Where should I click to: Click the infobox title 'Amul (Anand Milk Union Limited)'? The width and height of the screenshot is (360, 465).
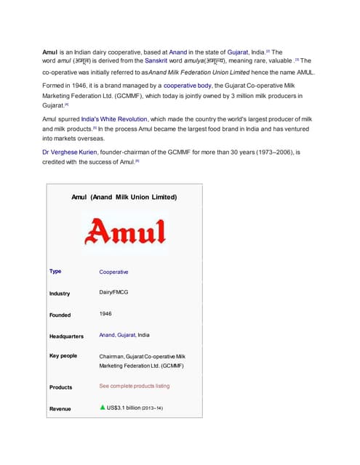124,196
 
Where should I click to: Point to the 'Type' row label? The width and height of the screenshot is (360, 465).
55,271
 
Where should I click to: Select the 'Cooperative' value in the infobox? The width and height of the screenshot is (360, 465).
113,272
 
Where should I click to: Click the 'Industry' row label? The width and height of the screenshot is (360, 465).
60,294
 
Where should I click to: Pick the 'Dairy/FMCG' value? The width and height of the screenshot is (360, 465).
115,292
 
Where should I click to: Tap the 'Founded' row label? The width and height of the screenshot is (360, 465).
60,315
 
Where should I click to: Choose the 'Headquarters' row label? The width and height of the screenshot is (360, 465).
66,336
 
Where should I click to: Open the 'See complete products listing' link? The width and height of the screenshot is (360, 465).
134,387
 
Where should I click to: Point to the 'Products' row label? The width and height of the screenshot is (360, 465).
60,387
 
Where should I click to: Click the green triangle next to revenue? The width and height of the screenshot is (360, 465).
102,408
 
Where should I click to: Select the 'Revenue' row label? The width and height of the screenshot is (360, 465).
60,409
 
